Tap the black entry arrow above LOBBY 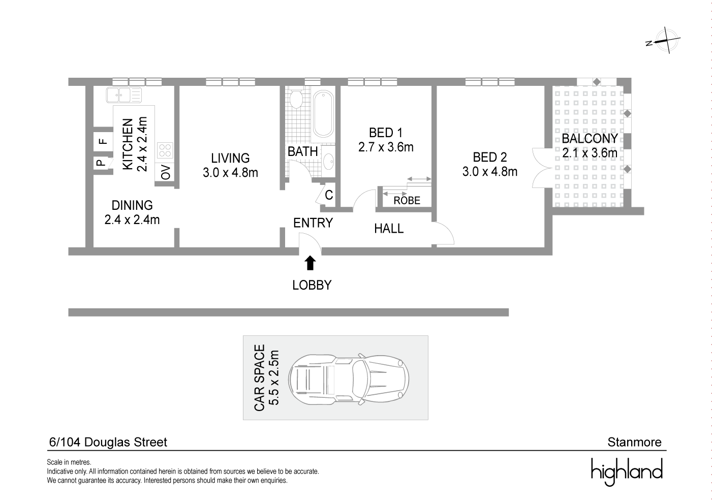(309, 263)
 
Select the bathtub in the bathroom (323, 113)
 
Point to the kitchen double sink (124, 95)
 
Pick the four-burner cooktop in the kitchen (165, 150)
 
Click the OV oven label (166, 172)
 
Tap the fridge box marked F (102, 141)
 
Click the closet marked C (329, 195)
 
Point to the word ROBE (407, 201)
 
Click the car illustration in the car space (349, 378)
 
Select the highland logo (627, 471)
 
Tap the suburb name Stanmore (635, 442)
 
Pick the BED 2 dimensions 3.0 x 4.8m (489, 172)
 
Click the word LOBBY (312, 285)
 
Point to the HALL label (389, 229)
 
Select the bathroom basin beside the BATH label (329, 162)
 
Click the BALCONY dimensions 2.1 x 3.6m (590, 152)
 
